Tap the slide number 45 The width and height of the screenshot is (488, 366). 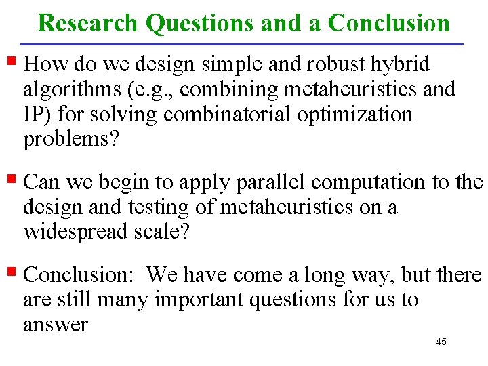tap(441, 342)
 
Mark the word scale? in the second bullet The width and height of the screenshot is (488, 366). tap(168, 232)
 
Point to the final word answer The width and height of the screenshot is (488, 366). tap(56, 325)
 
